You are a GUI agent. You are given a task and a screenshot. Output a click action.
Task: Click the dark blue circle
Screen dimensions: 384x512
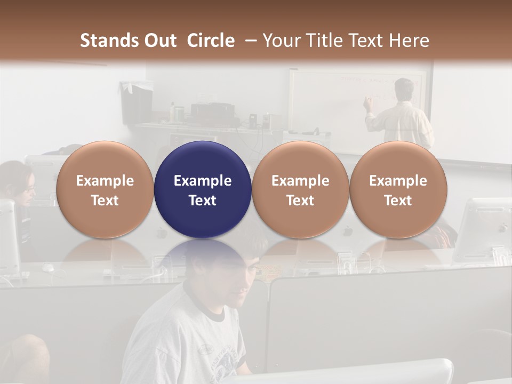(x=203, y=189)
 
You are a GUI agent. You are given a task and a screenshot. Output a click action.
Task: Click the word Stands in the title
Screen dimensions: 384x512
(x=109, y=41)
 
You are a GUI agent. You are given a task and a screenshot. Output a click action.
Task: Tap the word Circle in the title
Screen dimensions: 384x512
(x=211, y=41)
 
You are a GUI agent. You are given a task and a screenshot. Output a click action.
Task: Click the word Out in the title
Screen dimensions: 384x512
(x=159, y=41)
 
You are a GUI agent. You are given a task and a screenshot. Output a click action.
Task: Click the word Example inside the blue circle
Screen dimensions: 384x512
(x=203, y=181)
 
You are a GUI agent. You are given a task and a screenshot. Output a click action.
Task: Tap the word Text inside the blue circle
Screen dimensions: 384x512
(x=203, y=201)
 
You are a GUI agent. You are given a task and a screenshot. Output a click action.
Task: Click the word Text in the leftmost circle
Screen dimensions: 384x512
(x=105, y=201)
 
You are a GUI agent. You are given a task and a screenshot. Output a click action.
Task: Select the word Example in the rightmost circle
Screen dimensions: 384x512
(x=398, y=181)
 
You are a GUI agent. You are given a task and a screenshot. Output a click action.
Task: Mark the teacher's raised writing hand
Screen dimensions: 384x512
(x=367, y=102)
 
